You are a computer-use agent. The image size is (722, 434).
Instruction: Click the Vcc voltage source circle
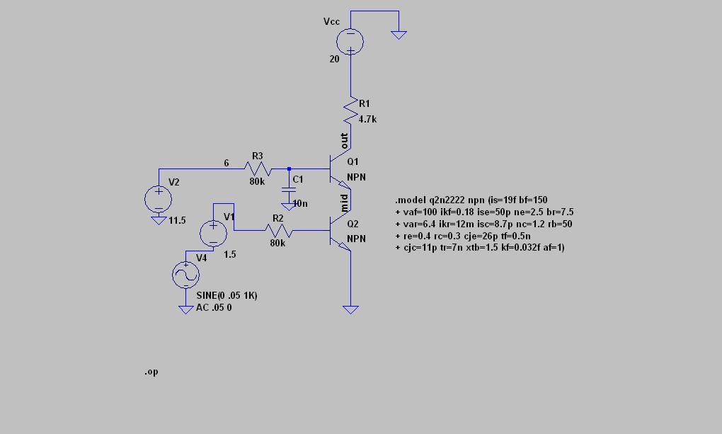click(x=350, y=42)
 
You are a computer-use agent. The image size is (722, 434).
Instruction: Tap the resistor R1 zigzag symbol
click(x=351, y=110)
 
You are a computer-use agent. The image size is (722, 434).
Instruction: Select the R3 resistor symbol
click(x=258, y=169)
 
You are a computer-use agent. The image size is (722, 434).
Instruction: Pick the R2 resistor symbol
click(x=278, y=230)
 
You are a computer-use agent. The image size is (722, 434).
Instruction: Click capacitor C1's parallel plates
click(x=289, y=189)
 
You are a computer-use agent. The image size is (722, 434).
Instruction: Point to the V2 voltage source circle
click(x=159, y=199)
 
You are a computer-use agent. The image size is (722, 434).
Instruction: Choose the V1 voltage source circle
click(x=213, y=233)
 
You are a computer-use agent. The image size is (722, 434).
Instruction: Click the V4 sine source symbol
click(x=185, y=275)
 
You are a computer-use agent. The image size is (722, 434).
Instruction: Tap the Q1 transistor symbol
click(x=340, y=169)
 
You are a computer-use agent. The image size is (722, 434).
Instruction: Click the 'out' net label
click(x=344, y=140)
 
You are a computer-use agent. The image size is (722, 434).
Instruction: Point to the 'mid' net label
click(x=344, y=203)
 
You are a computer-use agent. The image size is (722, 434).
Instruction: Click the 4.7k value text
click(x=367, y=120)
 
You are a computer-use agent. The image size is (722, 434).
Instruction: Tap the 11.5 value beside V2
click(x=177, y=221)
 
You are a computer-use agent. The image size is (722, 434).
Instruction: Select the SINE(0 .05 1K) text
click(x=227, y=295)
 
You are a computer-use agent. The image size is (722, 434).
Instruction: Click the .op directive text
click(x=151, y=371)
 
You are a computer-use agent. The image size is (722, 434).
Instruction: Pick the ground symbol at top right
click(x=399, y=35)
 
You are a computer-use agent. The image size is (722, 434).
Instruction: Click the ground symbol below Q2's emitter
click(x=350, y=310)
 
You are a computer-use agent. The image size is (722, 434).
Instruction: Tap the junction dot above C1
click(x=289, y=169)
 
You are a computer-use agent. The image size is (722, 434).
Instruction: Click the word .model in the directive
click(x=411, y=200)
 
